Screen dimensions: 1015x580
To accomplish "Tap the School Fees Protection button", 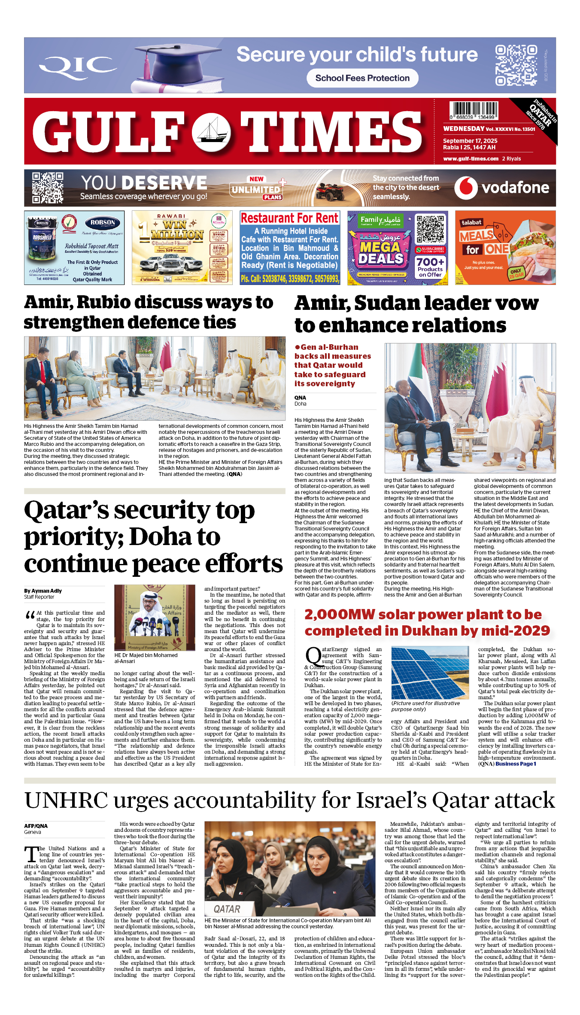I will pos(362,78).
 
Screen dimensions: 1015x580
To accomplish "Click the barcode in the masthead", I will pos(474,110).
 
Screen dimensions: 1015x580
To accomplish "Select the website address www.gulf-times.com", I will pos(471,159).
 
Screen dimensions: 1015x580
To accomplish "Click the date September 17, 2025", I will pos(470,141).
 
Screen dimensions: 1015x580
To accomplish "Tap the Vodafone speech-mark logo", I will pos(466,188).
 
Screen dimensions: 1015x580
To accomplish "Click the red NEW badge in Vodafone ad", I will pos(256,179).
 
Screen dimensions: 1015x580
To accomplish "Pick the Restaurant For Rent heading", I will pos(289,218).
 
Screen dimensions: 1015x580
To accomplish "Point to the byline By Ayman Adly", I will pos(43,591).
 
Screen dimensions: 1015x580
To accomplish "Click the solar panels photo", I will pos(430,673).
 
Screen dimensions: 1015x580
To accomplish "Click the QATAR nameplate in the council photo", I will pos(227,909).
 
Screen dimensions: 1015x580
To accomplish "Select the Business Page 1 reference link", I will pos(516,764).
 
